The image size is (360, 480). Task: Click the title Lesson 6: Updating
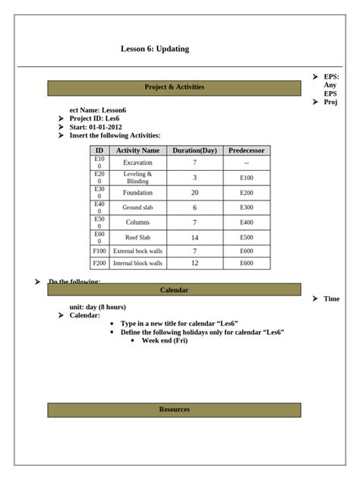(155, 49)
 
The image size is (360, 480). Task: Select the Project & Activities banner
(174, 87)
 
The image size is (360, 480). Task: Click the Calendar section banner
(174, 290)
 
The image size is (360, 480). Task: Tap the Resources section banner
(174, 410)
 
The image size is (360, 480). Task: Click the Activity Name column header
(137, 150)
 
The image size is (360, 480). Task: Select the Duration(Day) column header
(194, 150)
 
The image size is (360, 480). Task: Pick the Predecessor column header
(247, 150)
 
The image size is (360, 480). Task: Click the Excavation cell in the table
(137, 163)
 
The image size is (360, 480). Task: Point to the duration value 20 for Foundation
(194, 193)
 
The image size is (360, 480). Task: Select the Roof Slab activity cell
(137, 238)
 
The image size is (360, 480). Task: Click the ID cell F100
(99, 251)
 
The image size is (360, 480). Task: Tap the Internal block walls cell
(137, 264)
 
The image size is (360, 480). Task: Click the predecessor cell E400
(247, 223)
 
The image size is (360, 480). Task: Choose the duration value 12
(194, 264)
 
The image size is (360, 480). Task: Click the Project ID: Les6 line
(94, 119)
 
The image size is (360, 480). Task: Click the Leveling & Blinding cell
(137, 178)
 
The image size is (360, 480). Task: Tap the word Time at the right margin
(331, 299)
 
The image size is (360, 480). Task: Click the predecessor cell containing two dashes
(247, 163)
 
